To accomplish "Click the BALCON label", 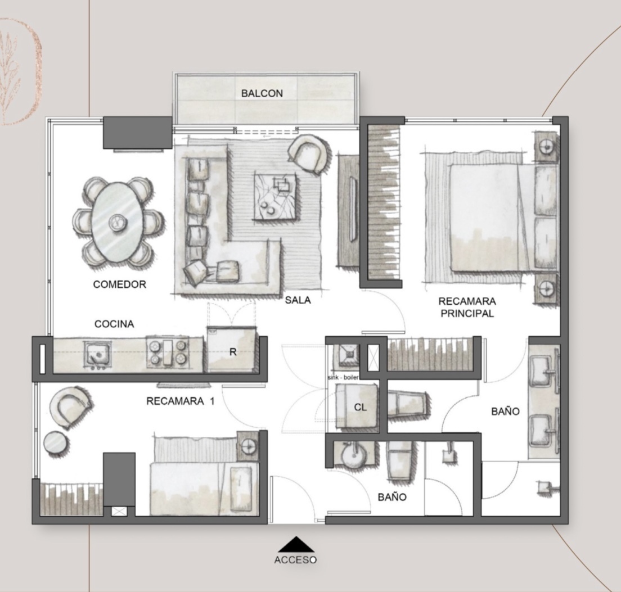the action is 262,93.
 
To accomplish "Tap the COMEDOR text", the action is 120,284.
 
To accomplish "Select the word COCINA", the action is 114,324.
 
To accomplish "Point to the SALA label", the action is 298,300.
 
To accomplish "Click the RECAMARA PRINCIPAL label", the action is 467,307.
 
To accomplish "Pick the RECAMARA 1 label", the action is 180,401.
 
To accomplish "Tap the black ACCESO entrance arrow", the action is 296,544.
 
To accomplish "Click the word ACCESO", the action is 295,559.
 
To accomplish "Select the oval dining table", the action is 117,222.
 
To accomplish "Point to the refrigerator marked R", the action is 232,350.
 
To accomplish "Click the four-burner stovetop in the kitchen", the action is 166,352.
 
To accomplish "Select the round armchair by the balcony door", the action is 308,154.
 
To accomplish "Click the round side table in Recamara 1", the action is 55,443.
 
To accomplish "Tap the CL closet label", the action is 361,407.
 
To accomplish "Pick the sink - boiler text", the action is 343,377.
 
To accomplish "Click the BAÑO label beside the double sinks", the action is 505,412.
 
